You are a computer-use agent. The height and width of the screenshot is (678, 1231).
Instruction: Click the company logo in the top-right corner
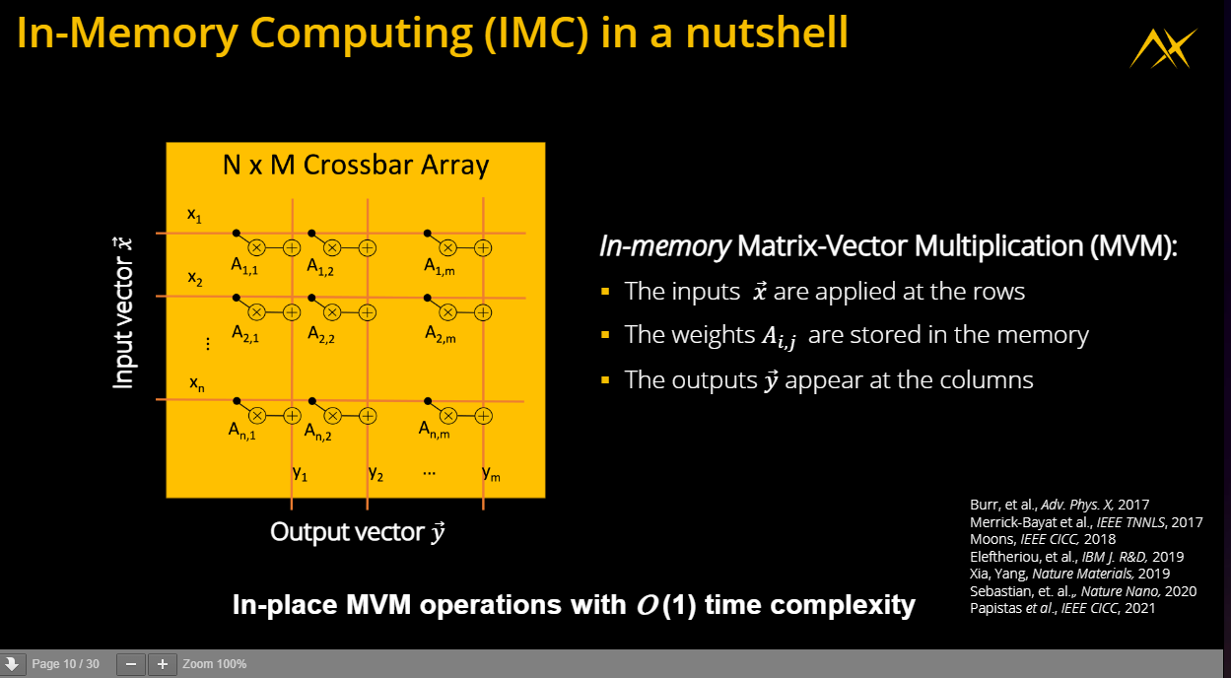[1163, 49]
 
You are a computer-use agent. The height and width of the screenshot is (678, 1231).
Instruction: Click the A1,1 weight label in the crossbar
[244, 266]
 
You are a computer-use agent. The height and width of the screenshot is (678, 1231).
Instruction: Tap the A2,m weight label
[441, 333]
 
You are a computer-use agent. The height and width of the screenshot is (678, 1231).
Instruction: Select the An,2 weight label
[317, 433]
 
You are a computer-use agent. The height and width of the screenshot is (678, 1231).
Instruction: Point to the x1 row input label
[194, 215]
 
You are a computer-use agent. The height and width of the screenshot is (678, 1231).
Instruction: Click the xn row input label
[197, 383]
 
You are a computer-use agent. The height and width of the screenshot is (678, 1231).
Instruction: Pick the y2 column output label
[376, 473]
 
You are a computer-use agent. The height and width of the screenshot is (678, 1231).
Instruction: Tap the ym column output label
[491, 473]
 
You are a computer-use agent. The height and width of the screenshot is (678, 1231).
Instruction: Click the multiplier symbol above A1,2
[332, 248]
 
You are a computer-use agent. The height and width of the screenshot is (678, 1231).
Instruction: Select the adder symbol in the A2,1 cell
[292, 312]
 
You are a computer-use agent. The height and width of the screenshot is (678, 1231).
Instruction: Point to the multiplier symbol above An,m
[448, 416]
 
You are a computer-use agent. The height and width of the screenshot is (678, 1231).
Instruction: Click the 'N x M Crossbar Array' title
[356, 165]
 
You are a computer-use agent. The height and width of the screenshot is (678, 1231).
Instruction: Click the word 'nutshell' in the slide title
[767, 33]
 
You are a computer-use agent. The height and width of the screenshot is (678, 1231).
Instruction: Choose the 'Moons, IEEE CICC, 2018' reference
[1043, 539]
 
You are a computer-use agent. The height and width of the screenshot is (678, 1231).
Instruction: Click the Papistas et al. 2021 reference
[1062, 608]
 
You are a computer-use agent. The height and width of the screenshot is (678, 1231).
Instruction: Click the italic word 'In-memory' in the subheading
[665, 246]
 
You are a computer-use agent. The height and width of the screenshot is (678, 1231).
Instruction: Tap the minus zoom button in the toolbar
[131, 664]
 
